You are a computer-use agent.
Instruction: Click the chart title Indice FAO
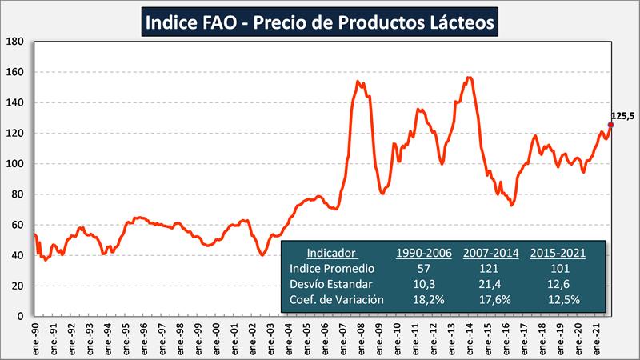coord(320,22)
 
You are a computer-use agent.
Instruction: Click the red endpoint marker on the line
coord(610,125)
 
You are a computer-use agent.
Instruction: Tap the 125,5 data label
coord(622,116)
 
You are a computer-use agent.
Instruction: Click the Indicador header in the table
coord(331,253)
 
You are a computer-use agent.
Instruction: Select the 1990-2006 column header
coord(424,253)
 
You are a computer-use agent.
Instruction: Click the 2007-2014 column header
coord(490,253)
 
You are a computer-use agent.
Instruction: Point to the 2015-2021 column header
coord(558,253)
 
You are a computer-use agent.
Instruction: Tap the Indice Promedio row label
coord(333,268)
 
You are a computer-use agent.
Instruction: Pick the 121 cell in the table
coord(490,268)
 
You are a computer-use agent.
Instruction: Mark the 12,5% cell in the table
coord(558,299)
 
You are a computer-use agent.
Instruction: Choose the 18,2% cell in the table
coord(424,299)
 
